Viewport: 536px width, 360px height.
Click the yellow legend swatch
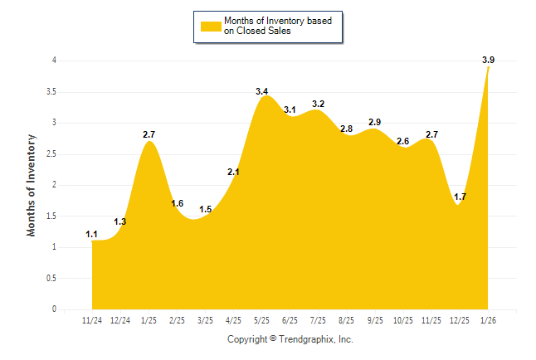coord(211,27)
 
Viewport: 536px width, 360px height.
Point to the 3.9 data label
coord(488,60)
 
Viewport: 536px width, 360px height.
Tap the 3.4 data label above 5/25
coord(262,91)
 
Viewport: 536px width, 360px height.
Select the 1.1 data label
coord(92,235)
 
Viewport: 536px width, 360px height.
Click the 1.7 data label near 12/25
coord(460,197)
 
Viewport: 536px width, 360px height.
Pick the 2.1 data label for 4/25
coord(234,173)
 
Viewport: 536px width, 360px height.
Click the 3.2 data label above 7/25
coord(319,104)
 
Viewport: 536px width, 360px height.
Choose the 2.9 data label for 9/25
coord(375,122)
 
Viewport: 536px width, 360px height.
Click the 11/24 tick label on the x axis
coord(92,319)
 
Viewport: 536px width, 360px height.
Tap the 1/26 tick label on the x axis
coord(488,319)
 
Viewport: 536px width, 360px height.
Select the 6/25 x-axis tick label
coord(290,319)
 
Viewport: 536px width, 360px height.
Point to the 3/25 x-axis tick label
coord(206,319)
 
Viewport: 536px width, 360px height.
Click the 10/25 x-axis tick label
coord(403,319)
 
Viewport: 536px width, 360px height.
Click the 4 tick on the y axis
coord(54,61)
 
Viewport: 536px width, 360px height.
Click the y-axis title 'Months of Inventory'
coord(32,185)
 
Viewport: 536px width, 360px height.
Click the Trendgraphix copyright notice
coord(290,339)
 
